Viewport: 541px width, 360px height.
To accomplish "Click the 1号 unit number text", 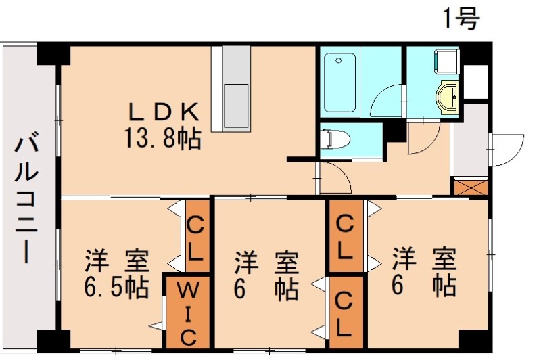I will click(x=461, y=19).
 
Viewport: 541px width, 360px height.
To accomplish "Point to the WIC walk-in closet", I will click(x=188, y=313).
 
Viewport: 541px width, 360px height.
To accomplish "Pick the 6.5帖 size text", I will click(x=116, y=288).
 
